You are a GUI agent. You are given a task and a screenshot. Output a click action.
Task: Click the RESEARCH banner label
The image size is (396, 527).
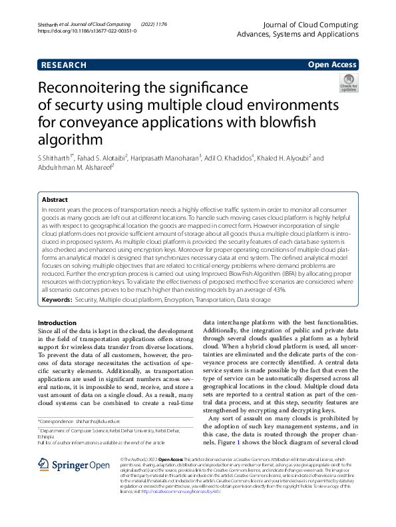[64, 65]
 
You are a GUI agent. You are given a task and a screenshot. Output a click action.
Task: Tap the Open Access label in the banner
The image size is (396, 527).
[331, 65]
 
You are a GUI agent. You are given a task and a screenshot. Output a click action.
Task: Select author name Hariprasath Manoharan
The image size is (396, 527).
[166, 158]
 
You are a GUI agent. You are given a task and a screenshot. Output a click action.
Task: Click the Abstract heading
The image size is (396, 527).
[55, 199]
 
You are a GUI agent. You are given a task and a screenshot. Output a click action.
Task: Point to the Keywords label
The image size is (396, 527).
[57, 301]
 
